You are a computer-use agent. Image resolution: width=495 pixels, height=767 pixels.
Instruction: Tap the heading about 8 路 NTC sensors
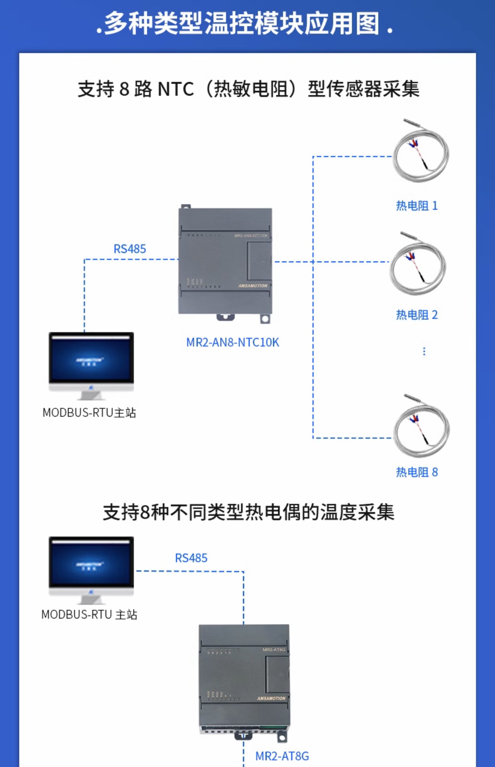248,89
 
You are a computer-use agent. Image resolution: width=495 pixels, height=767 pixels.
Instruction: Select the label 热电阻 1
416,206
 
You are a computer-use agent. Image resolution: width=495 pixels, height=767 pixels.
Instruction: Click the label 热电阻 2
416,315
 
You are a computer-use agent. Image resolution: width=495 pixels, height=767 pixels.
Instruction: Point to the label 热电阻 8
416,472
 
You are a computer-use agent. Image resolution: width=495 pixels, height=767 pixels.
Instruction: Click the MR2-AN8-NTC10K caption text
232,342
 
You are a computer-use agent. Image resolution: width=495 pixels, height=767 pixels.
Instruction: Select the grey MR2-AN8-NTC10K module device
226,262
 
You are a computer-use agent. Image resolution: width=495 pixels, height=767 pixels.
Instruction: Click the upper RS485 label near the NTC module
130,249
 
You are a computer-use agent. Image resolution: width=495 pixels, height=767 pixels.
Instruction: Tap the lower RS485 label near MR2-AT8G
191,558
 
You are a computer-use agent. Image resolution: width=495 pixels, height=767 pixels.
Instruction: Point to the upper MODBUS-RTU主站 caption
89,413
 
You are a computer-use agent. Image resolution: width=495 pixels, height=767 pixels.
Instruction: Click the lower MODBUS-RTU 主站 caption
89,614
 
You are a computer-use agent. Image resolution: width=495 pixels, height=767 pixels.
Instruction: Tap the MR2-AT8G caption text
282,756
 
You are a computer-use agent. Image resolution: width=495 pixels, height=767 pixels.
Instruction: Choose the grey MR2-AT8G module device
244,679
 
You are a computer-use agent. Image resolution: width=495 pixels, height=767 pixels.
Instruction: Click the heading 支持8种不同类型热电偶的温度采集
248,513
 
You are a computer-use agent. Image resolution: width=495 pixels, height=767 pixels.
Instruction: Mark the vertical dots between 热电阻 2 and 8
424,352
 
